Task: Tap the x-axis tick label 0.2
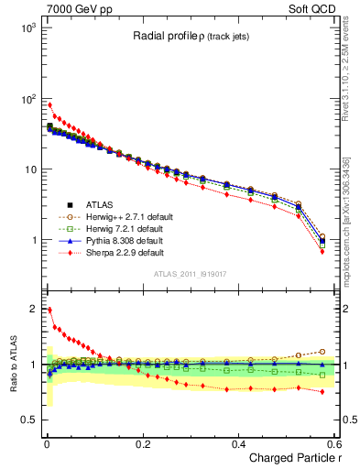142,443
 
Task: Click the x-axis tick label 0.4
238,443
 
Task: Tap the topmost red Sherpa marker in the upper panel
49,104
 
